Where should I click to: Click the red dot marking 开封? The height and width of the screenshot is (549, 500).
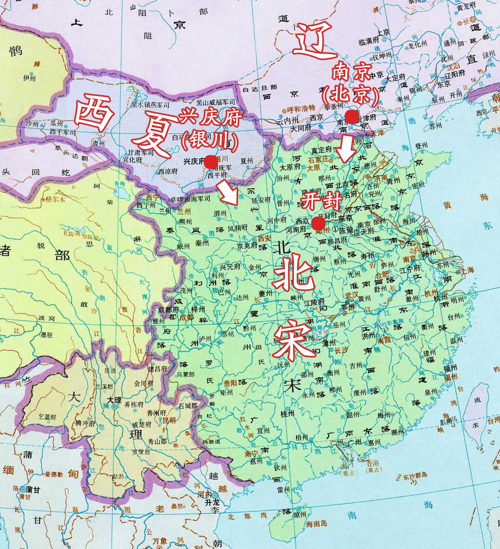pyautogui.click(x=318, y=224)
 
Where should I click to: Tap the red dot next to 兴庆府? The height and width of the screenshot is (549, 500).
pyautogui.click(x=211, y=161)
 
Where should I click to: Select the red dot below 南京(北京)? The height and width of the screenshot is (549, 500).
pyautogui.click(x=351, y=117)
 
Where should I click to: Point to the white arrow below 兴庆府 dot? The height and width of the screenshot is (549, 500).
pyautogui.click(x=228, y=194)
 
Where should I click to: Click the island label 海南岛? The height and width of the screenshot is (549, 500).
pyautogui.click(x=317, y=523)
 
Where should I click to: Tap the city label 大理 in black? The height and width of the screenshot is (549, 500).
pyautogui.click(x=114, y=401)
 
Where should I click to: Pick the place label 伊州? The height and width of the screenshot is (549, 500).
pyautogui.click(x=29, y=78)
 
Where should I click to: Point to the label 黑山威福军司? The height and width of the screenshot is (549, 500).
pyautogui.click(x=215, y=102)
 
